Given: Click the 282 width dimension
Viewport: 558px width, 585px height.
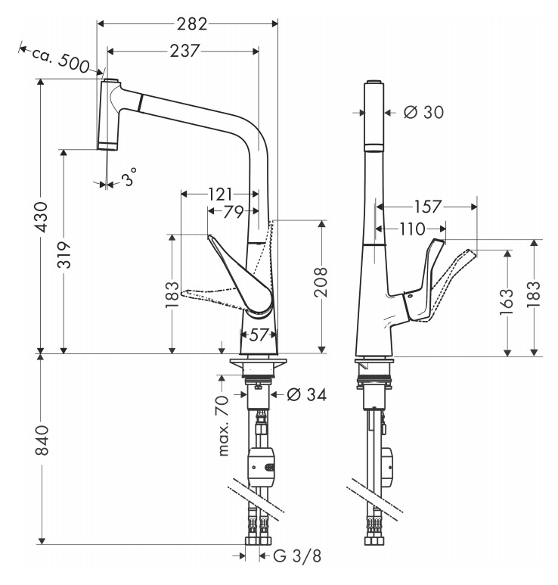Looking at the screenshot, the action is [x=192, y=24].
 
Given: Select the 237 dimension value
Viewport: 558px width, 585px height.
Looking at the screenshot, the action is [x=185, y=51].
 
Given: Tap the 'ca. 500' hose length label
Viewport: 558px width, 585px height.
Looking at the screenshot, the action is [x=60, y=60].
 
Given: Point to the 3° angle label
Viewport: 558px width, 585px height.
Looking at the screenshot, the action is [x=129, y=176].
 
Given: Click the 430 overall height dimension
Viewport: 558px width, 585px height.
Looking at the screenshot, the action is [x=42, y=216].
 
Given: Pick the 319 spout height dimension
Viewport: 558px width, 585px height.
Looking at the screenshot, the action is [x=64, y=254].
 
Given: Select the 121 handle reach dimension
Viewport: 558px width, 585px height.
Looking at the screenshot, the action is [x=220, y=194].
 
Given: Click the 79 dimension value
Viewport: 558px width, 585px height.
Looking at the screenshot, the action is [x=233, y=212].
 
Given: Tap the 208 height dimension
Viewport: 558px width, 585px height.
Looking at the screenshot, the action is [x=320, y=282].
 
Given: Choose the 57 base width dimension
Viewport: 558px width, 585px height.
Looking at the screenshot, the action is [x=259, y=335].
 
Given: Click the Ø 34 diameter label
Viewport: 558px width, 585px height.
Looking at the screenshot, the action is [x=307, y=394].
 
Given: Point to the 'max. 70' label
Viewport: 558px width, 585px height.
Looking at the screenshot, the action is [x=222, y=425].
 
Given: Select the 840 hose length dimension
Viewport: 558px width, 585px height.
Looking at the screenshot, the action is [x=42, y=440].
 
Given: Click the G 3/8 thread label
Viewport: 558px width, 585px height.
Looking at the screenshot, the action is [x=297, y=556].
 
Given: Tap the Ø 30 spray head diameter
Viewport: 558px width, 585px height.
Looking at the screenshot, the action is [x=423, y=112].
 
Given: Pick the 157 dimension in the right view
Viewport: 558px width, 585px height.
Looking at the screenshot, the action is [x=427, y=207].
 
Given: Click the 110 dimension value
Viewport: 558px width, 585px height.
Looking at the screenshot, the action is [x=411, y=229].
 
